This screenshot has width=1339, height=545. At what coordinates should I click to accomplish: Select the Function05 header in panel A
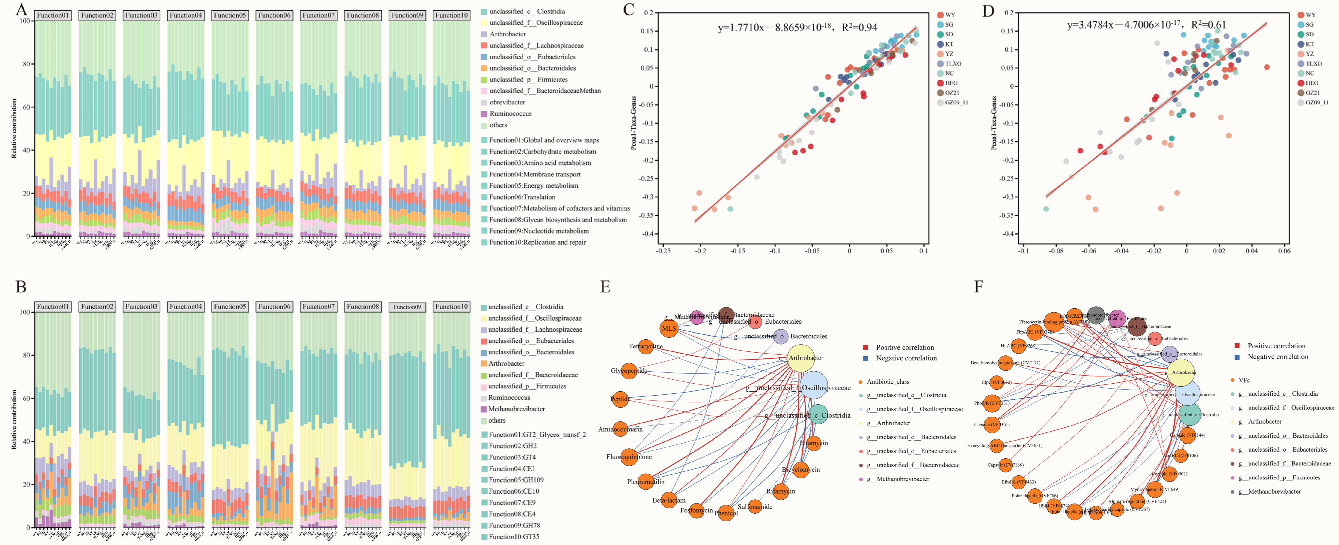tap(230, 15)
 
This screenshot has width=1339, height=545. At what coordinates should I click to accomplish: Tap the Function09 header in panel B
tap(407, 307)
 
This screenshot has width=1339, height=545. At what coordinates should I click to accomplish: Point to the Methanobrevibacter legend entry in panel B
tap(516, 409)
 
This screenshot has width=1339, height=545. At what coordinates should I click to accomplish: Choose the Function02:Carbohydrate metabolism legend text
tap(542, 151)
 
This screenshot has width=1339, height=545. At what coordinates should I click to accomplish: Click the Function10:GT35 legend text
tap(514, 537)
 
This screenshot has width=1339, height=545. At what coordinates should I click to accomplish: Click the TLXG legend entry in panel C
tap(953, 63)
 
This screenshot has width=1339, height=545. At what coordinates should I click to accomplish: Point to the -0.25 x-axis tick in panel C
tap(663, 251)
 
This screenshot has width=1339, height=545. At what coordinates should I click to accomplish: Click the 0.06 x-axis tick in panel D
tap(1284, 251)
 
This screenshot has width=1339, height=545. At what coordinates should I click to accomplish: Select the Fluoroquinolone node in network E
tap(629, 457)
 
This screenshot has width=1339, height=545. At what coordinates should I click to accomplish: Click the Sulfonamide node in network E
tap(755, 506)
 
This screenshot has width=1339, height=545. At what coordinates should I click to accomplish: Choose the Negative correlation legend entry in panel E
tap(906, 358)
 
